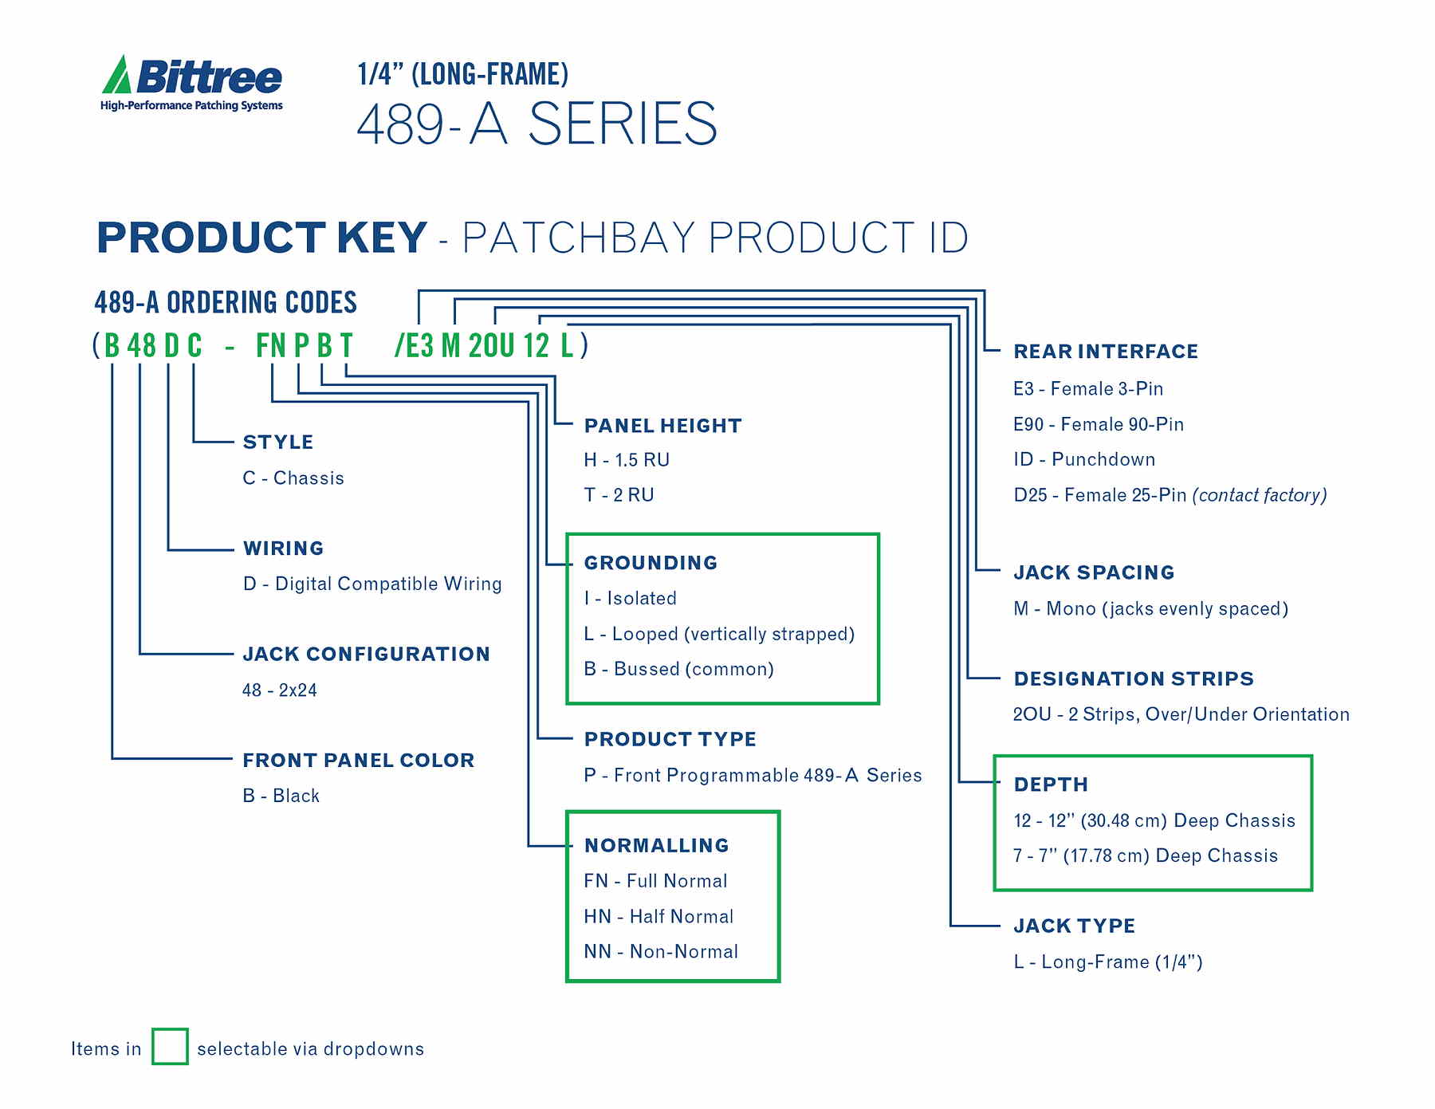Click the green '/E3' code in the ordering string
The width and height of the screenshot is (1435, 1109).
[x=414, y=346]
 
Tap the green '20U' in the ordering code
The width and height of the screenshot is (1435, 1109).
[x=491, y=346]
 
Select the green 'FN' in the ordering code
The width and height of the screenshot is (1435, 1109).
[x=270, y=346]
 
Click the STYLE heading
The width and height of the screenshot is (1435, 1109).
[x=277, y=442]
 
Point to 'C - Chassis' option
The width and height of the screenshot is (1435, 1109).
[x=293, y=478]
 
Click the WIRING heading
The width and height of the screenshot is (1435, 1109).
[x=283, y=549]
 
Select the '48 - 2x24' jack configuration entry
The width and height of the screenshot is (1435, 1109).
[x=280, y=690]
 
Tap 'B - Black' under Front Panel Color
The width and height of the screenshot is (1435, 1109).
[x=281, y=796]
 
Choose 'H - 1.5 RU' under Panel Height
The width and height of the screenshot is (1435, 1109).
[x=627, y=460]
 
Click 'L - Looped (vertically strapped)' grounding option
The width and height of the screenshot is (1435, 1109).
[x=719, y=635]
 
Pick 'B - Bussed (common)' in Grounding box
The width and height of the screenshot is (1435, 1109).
[x=678, y=669]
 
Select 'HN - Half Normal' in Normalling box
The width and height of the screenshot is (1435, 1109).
[x=659, y=917]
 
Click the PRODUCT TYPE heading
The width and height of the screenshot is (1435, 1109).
[x=670, y=739]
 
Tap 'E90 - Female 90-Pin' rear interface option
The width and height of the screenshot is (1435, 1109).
[x=1098, y=424]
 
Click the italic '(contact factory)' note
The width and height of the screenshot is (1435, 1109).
[x=1260, y=495]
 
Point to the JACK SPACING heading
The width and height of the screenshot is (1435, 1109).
[x=1094, y=572]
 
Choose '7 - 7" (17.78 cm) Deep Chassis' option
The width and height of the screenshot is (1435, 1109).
[x=1145, y=856]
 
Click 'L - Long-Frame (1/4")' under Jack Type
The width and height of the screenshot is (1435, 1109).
[x=1107, y=962]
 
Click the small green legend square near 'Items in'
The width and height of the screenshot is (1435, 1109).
[x=170, y=1046]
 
